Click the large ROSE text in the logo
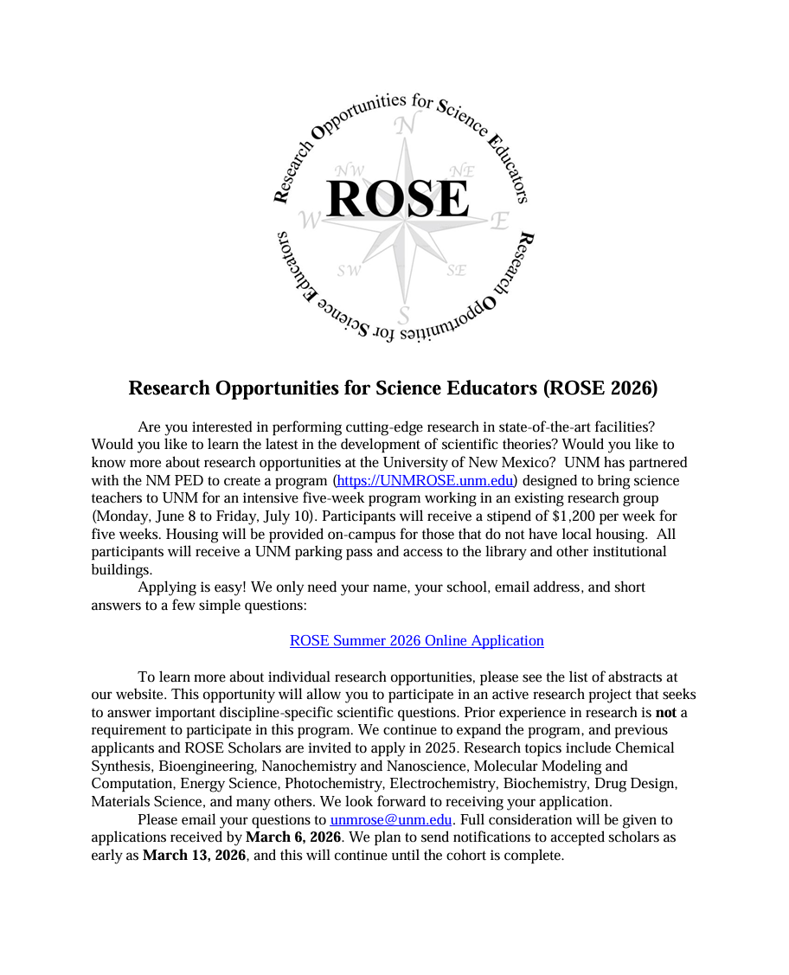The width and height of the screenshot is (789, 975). [399, 199]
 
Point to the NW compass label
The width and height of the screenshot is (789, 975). [350, 170]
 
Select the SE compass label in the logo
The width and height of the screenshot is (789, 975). [457, 270]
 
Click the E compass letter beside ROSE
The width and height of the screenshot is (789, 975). [499, 221]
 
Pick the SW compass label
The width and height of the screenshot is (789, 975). [350, 271]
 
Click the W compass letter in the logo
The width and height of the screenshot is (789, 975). [310, 220]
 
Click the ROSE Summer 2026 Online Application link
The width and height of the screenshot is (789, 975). [416, 640]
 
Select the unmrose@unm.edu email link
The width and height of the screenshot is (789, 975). [391, 819]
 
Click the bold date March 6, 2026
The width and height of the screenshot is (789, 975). [293, 837]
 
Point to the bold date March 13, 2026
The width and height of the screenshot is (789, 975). [195, 856]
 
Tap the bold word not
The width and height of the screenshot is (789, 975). [666, 712]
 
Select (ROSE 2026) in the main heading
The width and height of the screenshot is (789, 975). [600, 388]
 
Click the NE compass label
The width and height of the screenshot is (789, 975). [462, 170]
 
